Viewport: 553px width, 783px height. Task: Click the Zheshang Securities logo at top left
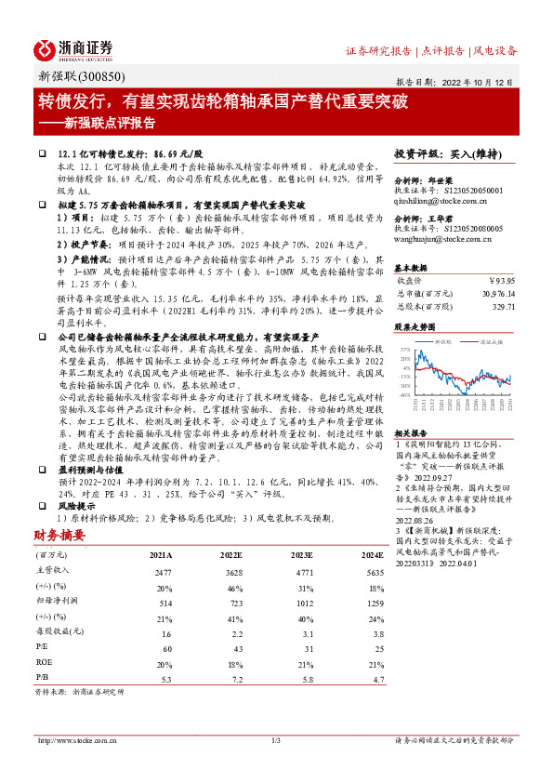[74, 49]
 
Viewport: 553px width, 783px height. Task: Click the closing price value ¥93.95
[501, 280]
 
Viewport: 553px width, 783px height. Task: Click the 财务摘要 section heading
[59, 536]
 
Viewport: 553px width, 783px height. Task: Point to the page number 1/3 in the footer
[275, 740]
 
